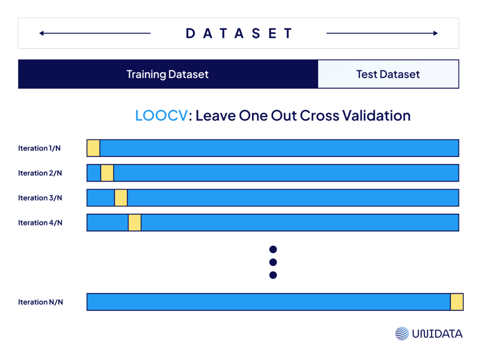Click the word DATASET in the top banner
tap(239, 34)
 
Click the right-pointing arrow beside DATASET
tap(382, 34)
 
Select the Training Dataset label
tap(168, 74)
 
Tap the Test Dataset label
tap(388, 74)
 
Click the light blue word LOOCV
tap(162, 115)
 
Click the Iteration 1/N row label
tap(39, 149)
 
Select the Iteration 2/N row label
tap(40, 173)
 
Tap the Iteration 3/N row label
tap(40, 198)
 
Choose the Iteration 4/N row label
tap(40, 223)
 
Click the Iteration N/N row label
tap(40, 302)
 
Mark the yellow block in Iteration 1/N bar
tap(94, 148)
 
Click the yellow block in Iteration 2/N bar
tap(107, 173)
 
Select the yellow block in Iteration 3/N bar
tap(121, 198)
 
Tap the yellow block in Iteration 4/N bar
tap(135, 223)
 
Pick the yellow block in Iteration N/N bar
tap(457, 302)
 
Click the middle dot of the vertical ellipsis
tap(273, 262)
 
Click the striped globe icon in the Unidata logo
tap(402, 333)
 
